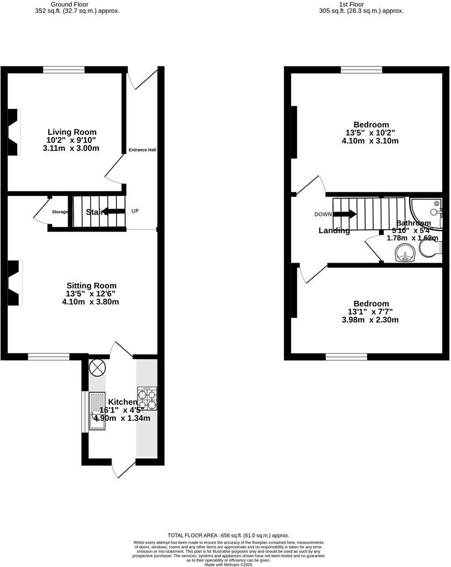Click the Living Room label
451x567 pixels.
pyautogui.click(x=72, y=132)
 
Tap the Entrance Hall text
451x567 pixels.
pyautogui.click(x=142, y=150)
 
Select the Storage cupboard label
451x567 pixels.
pyautogui.click(x=60, y=212)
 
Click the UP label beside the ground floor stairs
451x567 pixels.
pyautogui.click(x=135, y=211)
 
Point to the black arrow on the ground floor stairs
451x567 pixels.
pyautogui.click(x=113, y=212)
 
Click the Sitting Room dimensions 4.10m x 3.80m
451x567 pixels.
pyautogui.click(x=90, y=302)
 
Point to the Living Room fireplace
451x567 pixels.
pyautogui.click(x=14, y=132)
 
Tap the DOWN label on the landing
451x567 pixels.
pyautogui.click(x=323, y=214)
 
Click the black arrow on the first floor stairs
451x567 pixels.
pyautogui.click(x=345, y=214)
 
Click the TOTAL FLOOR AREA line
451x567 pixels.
pyautogui.click(x=228, y=535)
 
